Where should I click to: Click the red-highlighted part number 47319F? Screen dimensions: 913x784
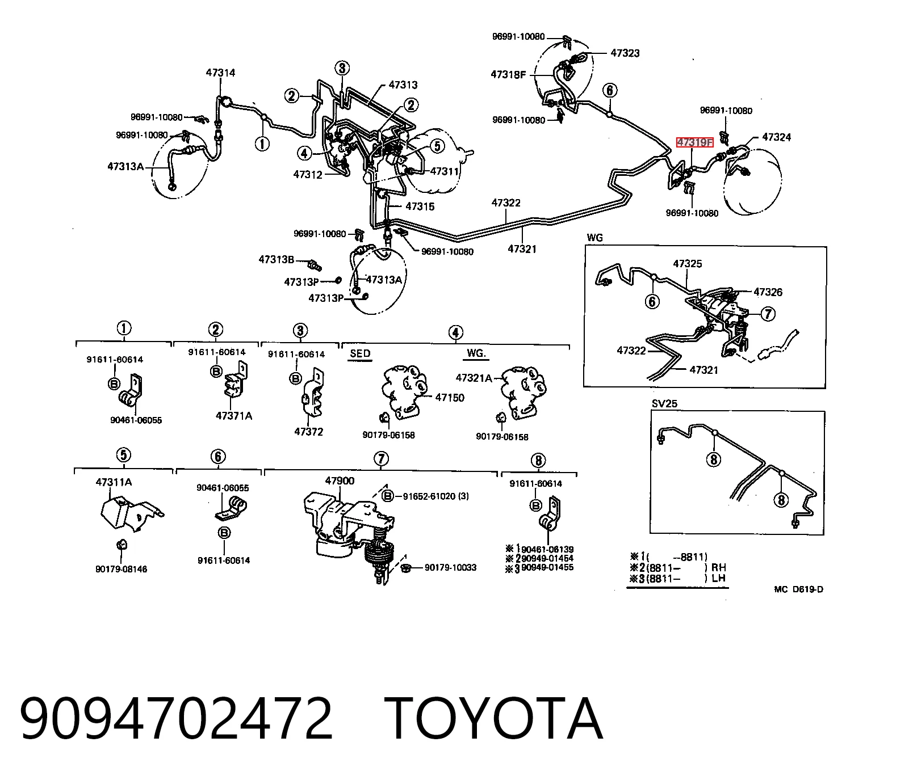(694, 142)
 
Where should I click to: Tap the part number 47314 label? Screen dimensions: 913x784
(220, 73)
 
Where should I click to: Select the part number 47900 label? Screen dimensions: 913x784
(340, 481)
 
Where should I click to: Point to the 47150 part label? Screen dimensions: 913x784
(450, 397)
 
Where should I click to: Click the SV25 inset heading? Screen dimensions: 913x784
(664, 403)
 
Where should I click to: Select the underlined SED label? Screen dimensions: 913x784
(360, 353)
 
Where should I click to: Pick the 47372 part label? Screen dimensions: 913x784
(308, 432)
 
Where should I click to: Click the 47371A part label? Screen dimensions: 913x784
(234, 416)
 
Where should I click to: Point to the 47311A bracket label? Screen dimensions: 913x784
(114, 482)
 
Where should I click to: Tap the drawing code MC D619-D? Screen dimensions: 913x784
(799, 589)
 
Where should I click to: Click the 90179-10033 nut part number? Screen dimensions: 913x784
(450, 567)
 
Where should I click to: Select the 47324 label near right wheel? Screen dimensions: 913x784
(776, 137)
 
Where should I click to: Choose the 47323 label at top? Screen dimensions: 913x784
(625, 53)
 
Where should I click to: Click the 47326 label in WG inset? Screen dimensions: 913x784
(768, 292)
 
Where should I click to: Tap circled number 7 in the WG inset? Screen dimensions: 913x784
(767, 313)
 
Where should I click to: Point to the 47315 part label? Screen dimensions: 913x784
(420, 206)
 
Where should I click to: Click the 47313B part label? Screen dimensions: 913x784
(277, 260)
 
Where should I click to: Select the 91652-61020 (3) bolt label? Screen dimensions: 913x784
(435, 496)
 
